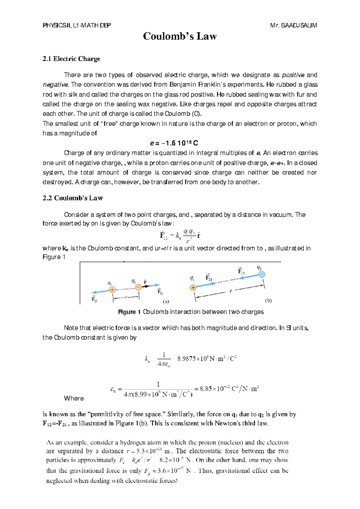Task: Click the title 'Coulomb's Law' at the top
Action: tap(180, 36)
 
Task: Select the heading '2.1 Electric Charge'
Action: tap(71, 59)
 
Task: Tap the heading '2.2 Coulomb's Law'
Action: tap(73, 198)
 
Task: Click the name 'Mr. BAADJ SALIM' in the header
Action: tap(293, 25)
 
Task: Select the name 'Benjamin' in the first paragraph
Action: tap(181, 85)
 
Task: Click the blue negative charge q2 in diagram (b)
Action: tap(262, 274)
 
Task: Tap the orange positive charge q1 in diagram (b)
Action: tap(193, 288)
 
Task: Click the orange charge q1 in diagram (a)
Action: tap(112, 290)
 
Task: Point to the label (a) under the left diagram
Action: tap(166, 301)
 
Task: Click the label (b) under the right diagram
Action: tap(268, 300)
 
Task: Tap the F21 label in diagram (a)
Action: tap(94, 299)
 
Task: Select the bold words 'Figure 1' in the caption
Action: tap(130, 312)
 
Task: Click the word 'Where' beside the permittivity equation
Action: tap(74, 398)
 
